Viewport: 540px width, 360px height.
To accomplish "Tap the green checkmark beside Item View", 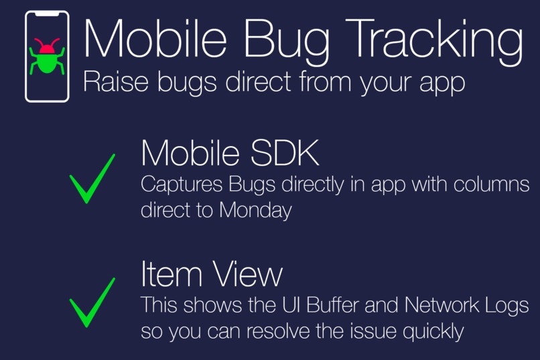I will pos(92,302).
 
